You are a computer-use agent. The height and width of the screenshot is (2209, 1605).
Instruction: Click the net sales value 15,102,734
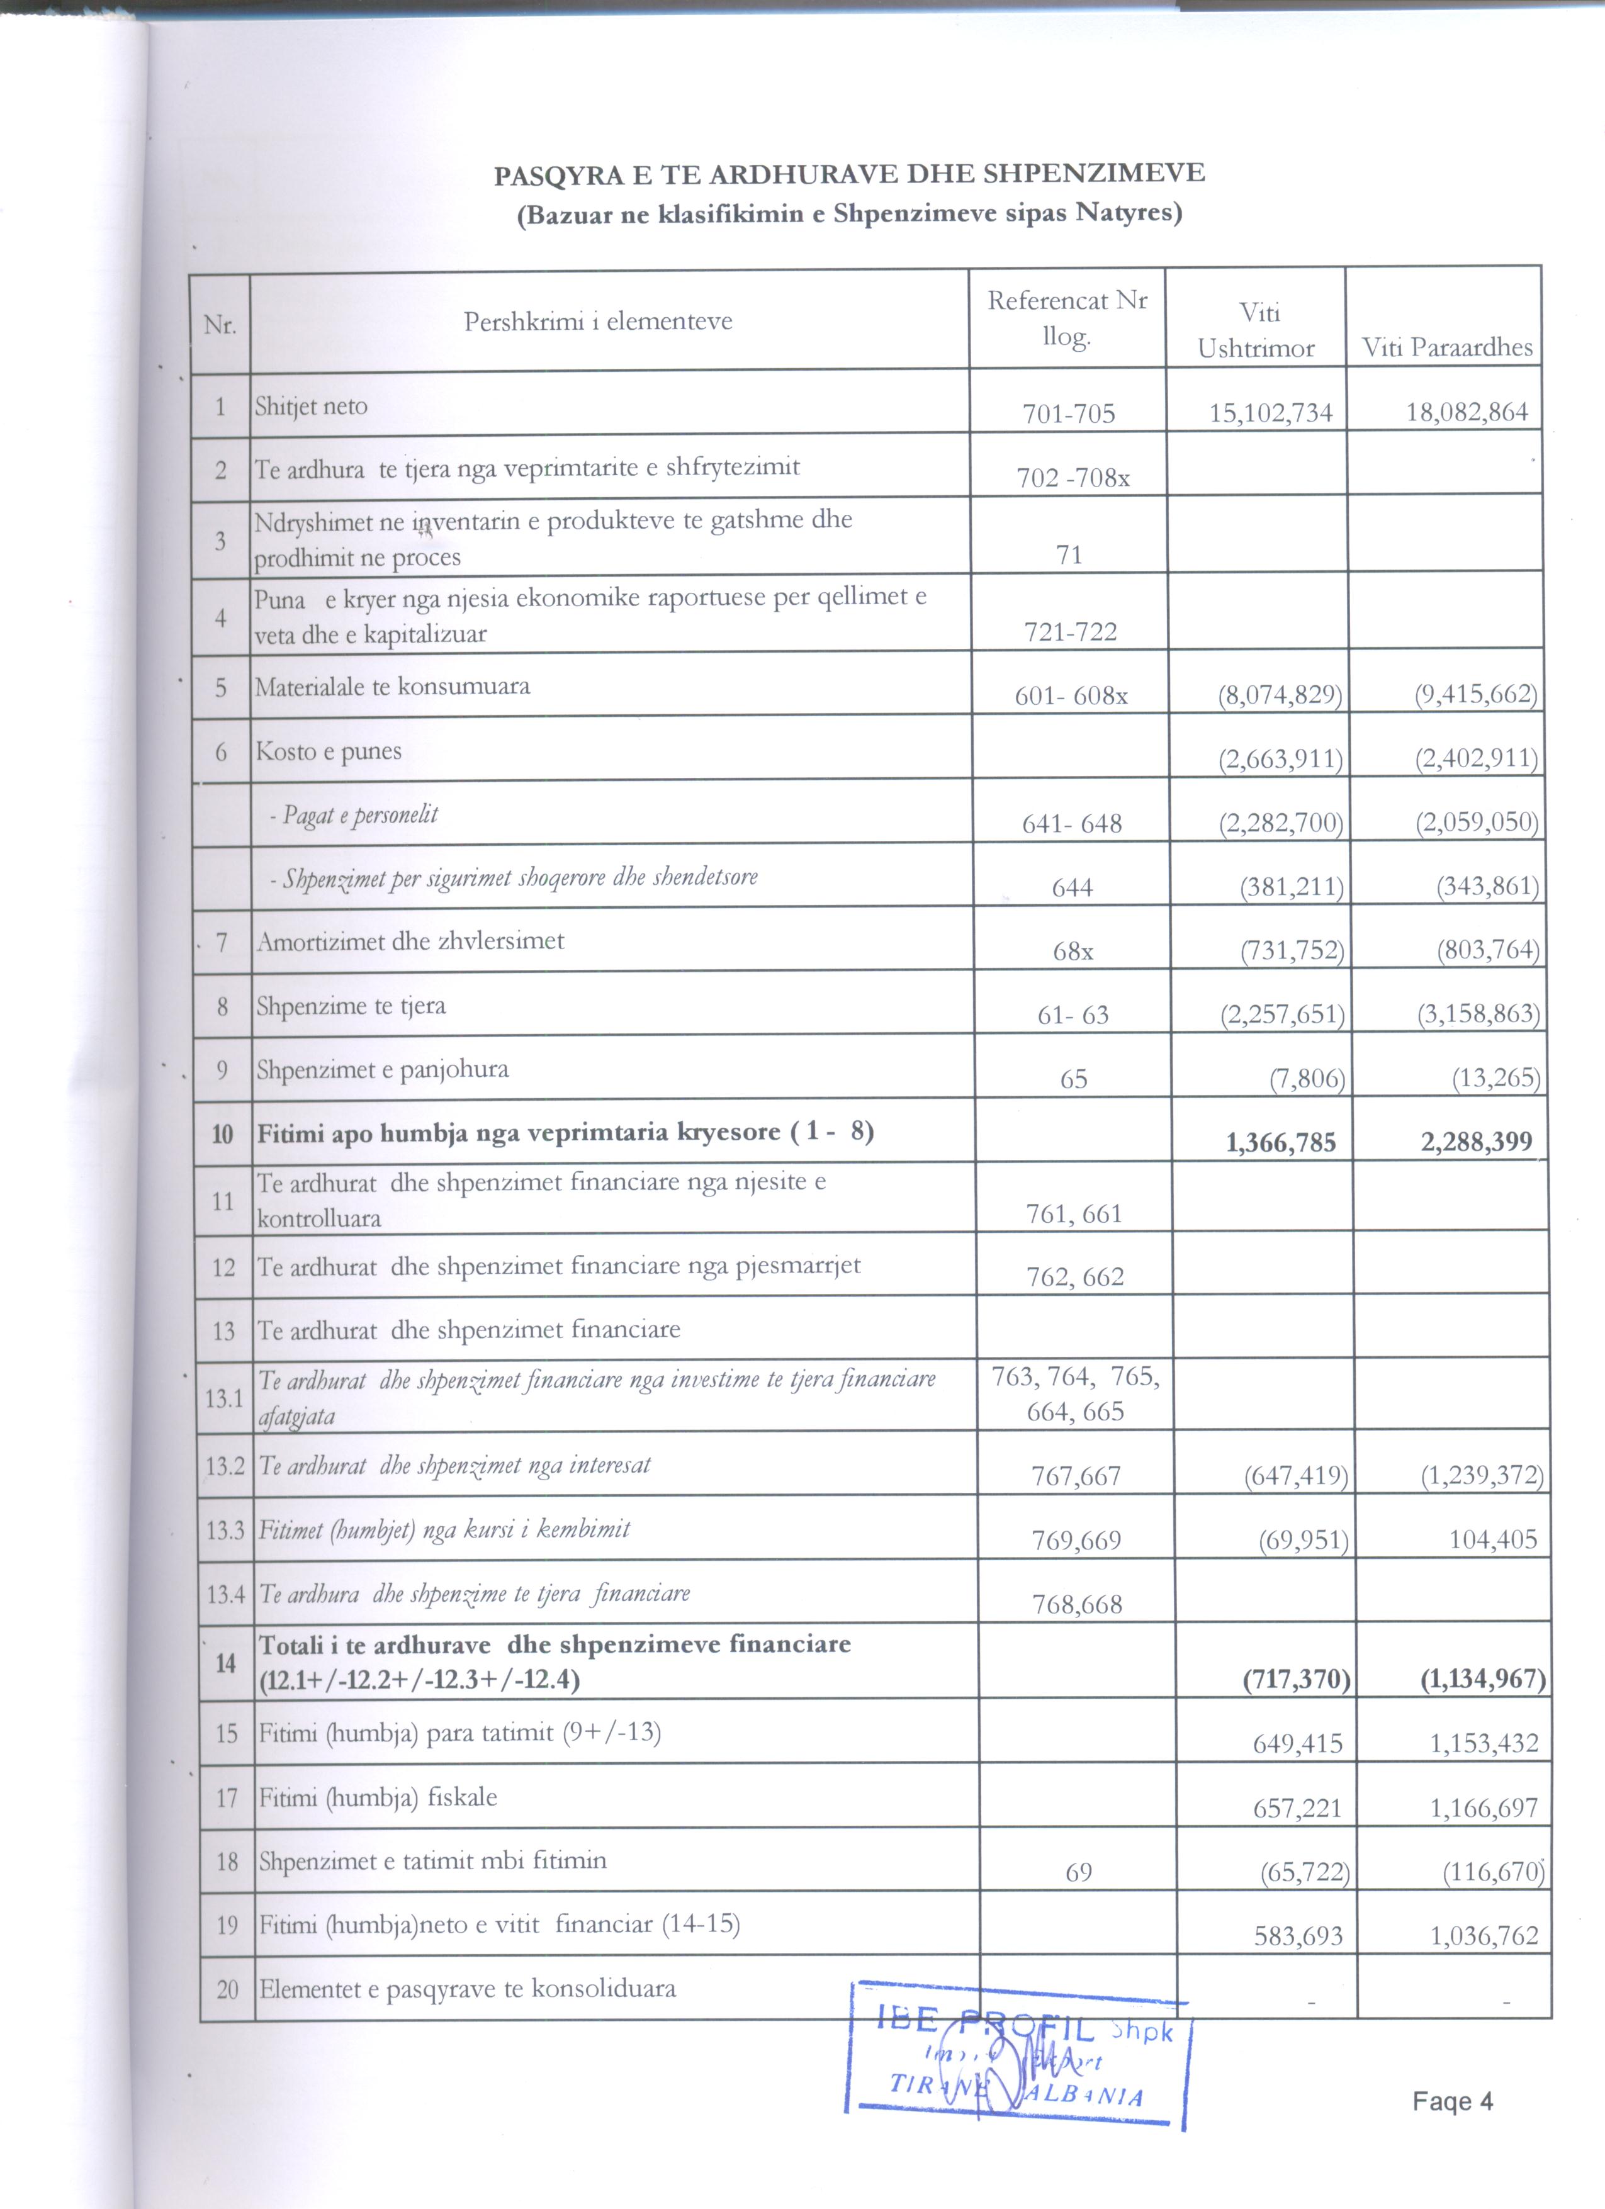click(x=1270, y=413)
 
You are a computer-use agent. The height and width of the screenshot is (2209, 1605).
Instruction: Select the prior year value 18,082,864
click(x=1466, y=412)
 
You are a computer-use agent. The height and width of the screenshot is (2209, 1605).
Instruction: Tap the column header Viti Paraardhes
click(x=1446, y=347)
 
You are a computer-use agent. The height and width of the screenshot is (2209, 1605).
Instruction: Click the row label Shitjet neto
click(x=311, y=406)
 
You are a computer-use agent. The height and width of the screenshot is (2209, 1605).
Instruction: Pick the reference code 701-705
click(x=1068, y=414)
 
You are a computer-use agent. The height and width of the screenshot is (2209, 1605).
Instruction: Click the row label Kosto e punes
click(x=328, y=751)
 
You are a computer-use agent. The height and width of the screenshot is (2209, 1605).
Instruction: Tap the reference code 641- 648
click(x=1071, y=824)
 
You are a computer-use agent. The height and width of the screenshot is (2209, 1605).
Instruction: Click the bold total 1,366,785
click(x=1281, y=1142)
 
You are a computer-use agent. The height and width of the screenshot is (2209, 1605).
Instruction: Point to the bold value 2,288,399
click(x=1475, y=1142)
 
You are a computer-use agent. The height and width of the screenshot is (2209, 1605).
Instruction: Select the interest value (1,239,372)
click(x=1481, y=1476)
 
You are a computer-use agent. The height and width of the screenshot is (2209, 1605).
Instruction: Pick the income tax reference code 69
click(x=1078, y=1872)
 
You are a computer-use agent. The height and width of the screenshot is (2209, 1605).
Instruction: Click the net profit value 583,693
click(x=1298, y=1936)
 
